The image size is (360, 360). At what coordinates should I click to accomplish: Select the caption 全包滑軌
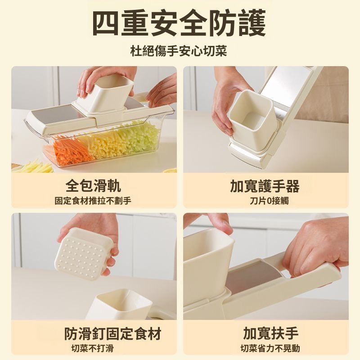(93, 185)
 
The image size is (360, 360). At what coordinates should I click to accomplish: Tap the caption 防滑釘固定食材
(112, 333)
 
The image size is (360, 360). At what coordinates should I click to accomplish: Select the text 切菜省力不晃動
(270, 348)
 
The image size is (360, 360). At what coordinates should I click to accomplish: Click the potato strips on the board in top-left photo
(34, 167)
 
